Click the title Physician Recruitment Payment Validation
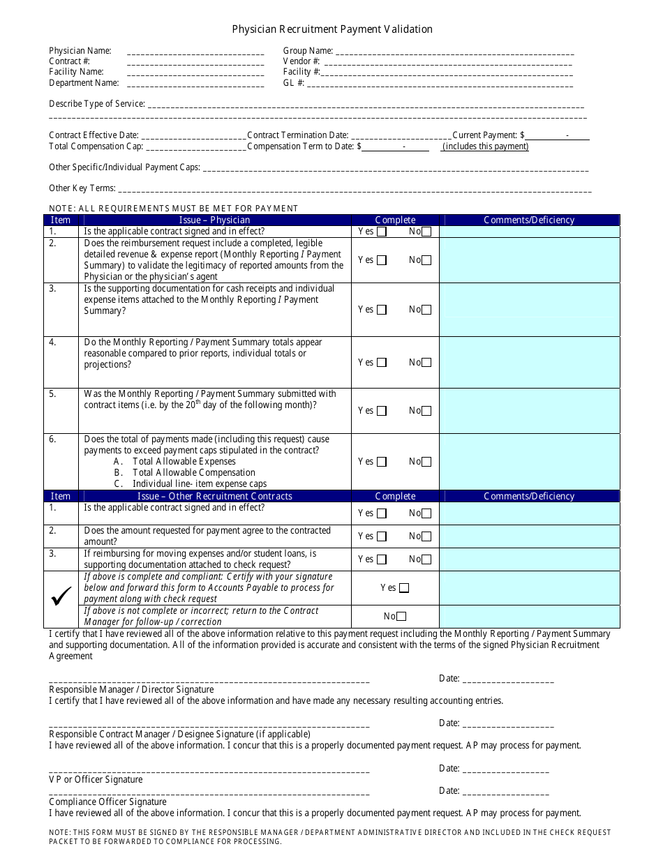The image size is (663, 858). tap(332, 29)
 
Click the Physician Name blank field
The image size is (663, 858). tap(195, 52)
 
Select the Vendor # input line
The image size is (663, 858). tap(448, 62)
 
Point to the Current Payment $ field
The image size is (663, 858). tap(558, 136)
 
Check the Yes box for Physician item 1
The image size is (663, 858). tap(382, 232)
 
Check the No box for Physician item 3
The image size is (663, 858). tap(426, 310)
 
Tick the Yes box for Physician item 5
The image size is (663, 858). tap(382, 412)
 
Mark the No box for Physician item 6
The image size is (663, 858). tap(426, 462)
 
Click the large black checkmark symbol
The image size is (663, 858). tap(61, 595)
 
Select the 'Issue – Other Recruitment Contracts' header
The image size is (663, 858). tap(214, 497)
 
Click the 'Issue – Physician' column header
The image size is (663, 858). tap(214, 220)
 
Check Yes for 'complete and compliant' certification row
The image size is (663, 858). tap(404, 588)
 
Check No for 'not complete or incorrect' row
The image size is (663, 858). tap(401, 617)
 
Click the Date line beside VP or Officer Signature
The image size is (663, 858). tap(505, 769)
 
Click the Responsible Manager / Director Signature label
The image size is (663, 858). tap(131, 690)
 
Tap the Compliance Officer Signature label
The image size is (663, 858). tap(107, 802)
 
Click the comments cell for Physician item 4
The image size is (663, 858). tap(529, 363)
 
